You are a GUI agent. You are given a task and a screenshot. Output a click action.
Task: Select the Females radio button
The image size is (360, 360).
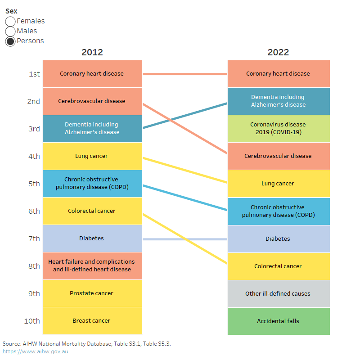click(x=10, y=21)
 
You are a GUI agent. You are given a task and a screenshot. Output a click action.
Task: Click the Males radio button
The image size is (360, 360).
click(x=10, y=31)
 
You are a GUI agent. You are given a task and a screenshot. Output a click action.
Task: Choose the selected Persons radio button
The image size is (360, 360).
click(x=10, y=41)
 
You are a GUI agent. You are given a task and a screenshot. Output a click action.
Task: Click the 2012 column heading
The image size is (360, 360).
click(x=92, y=52)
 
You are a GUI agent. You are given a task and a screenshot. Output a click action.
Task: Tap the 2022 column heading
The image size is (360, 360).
click(x=278, y=52)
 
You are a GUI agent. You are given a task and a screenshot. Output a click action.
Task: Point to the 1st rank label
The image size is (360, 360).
click(x=34, y=74)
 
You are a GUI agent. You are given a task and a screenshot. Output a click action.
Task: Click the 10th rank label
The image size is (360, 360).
click(x=32, y=321)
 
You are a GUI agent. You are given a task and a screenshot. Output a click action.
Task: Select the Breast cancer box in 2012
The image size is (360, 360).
click(x=92, y=321)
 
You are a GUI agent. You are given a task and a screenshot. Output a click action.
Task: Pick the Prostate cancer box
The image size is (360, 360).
click(x=92, y=293)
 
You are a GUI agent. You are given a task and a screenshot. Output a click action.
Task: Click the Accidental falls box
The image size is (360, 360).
click(x=278, y=321)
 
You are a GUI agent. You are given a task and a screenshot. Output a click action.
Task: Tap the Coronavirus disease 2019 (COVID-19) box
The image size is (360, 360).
click(x=278, y=128)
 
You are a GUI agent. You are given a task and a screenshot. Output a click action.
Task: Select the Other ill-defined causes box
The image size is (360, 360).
click(x=278, y=293)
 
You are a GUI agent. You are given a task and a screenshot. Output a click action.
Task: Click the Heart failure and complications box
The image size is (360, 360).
click(x=92, y=265)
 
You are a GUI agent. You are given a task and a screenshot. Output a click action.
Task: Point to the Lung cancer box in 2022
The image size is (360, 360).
click(x=278, y=184)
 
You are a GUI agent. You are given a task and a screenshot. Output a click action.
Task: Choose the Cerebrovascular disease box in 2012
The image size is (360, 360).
click(x=92, y=101)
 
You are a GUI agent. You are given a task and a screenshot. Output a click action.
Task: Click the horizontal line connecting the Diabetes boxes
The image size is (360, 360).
click(x=184, y=239)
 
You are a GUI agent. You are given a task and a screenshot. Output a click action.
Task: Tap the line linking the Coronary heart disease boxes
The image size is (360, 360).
click(x=184, y=74)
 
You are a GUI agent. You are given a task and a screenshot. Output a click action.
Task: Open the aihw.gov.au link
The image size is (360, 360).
click(x=36, y=351)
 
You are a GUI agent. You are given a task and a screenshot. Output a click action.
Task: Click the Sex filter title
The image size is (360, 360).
click(x=11, y=11)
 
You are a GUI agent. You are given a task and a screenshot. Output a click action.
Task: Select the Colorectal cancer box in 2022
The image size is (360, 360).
click(x=278, y=266)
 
